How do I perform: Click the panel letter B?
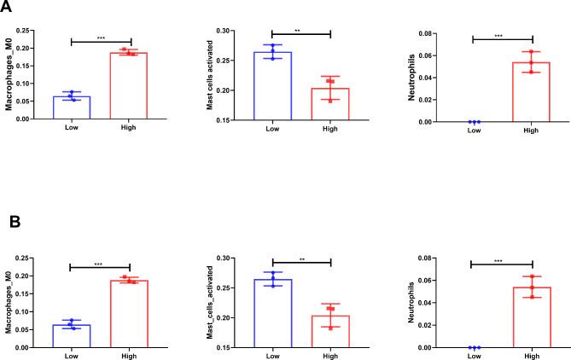(x=12, y=223)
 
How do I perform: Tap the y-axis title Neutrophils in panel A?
(x=413, y=76)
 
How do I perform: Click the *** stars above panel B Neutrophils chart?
(x=501, y=259)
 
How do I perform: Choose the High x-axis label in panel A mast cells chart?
(x=330, y=129)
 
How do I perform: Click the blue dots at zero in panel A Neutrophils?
(x=474, y=122)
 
